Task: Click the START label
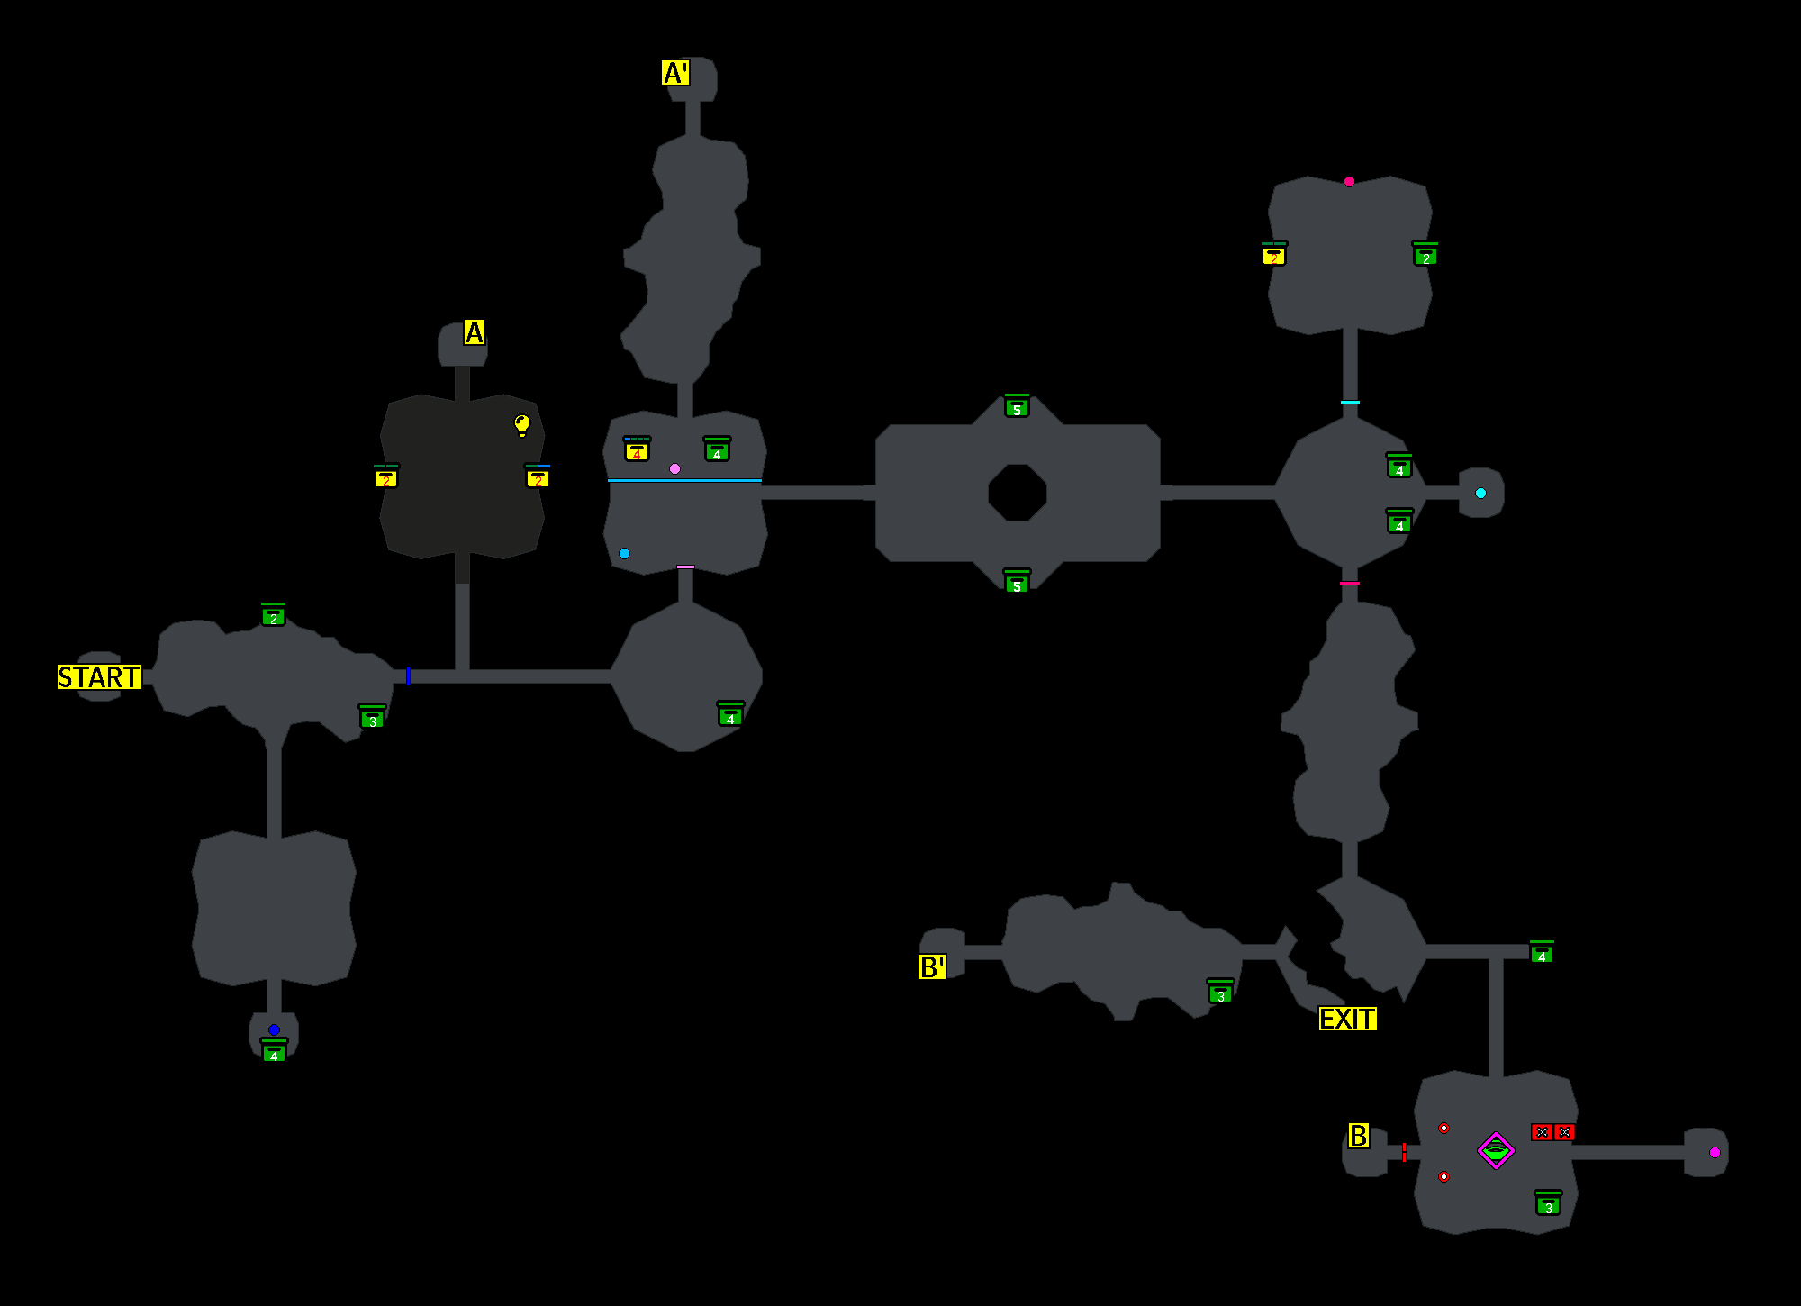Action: click(99, 677)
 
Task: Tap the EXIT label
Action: click(1347, 1019)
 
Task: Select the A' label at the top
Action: click(675, 73)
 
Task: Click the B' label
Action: click(932, 967)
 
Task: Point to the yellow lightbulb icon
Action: click(522, 424)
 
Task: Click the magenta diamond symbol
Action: click(1496, 1150)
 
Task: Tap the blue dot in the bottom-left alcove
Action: click(274, 1029)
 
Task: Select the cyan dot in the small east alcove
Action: click(1480, 493)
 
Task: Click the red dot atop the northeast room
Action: click(1349, 182)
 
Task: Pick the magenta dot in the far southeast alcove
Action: click(1715, 1152)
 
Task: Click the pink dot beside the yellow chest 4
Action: click(674, 468)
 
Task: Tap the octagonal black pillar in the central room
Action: click(1017, 493)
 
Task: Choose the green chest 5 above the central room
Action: click(1017, 406)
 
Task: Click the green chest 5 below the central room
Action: click(1017, 582)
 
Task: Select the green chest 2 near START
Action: click(273, 615)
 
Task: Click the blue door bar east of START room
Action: click(408, 676)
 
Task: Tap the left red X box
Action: click(1542, 1132)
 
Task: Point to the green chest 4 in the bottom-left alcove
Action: click(274, 1051)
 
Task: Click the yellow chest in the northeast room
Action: click(1273, 254)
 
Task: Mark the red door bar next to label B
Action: click(1404, 1152)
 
